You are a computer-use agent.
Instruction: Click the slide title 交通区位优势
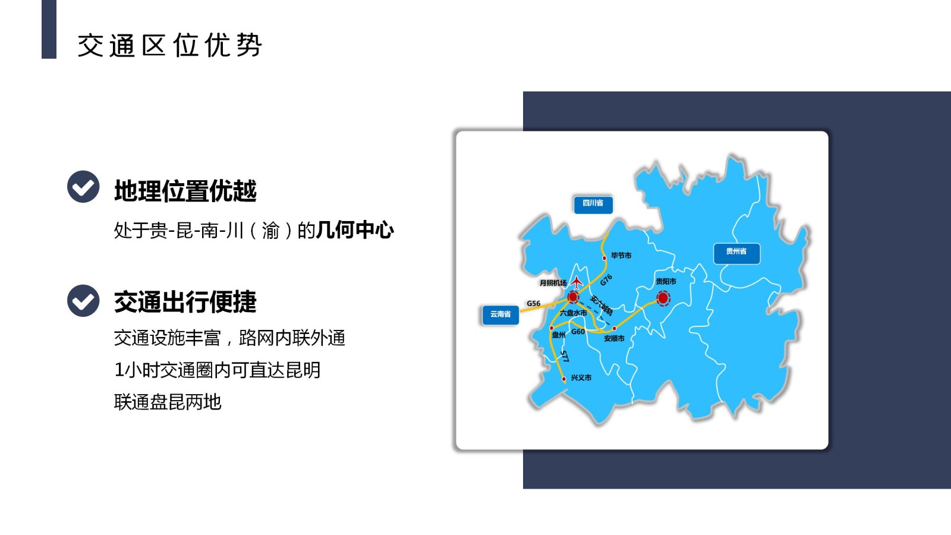pos(169,45)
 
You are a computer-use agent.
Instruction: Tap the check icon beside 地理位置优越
pos(83,187)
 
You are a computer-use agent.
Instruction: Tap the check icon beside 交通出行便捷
pos(83,300)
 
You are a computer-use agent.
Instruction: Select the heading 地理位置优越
pos(185,191)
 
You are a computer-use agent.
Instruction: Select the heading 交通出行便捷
pos(185,302)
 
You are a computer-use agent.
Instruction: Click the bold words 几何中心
pos(355,230)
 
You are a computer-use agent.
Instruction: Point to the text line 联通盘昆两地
pos(168,402)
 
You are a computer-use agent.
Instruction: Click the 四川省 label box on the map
pos(593,204)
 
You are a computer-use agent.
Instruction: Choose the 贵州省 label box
pos(736,253)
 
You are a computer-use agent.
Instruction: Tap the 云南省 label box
pos(500,314)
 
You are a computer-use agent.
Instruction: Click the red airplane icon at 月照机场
pos(577,282)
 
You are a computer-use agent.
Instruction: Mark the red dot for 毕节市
pos(604,258)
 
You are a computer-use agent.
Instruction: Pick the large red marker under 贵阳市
pos(663,298)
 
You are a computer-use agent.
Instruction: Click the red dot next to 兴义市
pos(564,379)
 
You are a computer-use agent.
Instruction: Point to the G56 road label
pos(533,303)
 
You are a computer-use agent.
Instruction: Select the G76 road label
pos(606,279)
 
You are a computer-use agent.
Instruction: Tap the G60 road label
pos(578,332)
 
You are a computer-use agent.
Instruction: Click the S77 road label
pos(565,356)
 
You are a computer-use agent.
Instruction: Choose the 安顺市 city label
pos(614,339)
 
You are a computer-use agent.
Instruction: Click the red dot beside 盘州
pos(552,328)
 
